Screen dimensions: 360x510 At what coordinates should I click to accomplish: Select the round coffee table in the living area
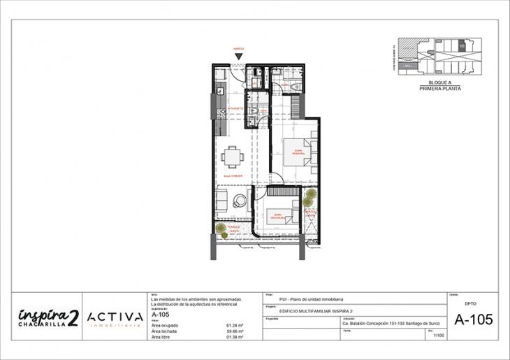pos(240,200)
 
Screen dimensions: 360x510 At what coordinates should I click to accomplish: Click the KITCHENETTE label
pos(235,110)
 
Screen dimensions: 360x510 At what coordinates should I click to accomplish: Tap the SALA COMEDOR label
pos(233,177)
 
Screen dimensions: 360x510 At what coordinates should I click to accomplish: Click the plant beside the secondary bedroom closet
pos(308,202)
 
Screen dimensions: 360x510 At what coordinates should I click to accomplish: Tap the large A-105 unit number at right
pos(473,320)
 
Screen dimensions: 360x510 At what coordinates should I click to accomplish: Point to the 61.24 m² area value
pos(235,325)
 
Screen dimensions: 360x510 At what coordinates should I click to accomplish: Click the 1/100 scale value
pos(438,336)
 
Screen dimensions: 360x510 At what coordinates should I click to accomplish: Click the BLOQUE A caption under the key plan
pos(440,82)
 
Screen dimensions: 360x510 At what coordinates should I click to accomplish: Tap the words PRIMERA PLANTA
pos(440,89)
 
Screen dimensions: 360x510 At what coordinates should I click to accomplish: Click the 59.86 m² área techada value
pos(235,331)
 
